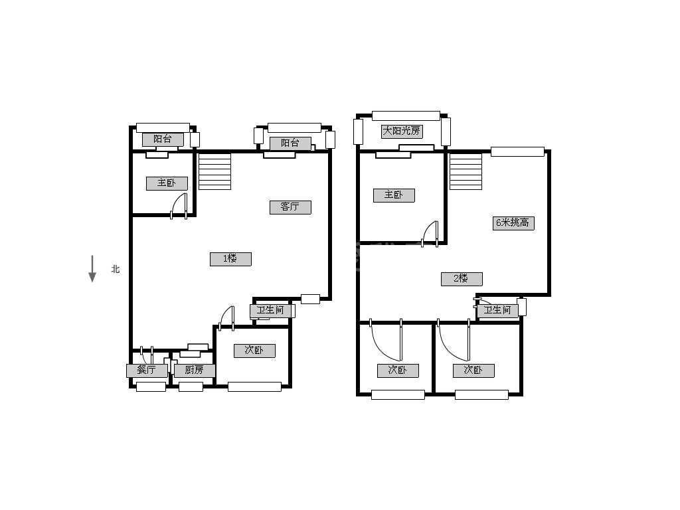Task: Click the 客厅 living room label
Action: [x=290, y=207]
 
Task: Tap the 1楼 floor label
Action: [x=230, y=259]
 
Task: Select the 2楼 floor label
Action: [x=462, y=279]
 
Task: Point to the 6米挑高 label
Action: [x=513, y=223]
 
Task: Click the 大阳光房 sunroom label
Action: [x=402, y=131]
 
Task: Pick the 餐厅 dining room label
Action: [x=147, y=371]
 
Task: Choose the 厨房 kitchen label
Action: [x=195, y=371]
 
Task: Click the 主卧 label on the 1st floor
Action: [x=167, y=183]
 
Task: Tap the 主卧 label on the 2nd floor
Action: [x=394, y=195]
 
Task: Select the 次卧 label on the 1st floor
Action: [x=254, y=351]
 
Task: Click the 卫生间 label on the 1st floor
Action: [x=270, y=311]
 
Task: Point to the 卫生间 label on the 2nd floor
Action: [x=497, y=311]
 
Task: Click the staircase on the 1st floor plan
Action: [x=214, y=171]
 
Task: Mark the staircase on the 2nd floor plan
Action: [x=466, y=171]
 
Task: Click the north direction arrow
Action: [x=92, y=269]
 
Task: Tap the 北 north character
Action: [x=116, y=270]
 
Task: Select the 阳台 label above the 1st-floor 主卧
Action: [x=163, y=139]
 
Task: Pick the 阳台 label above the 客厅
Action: [x=290, y=143]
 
